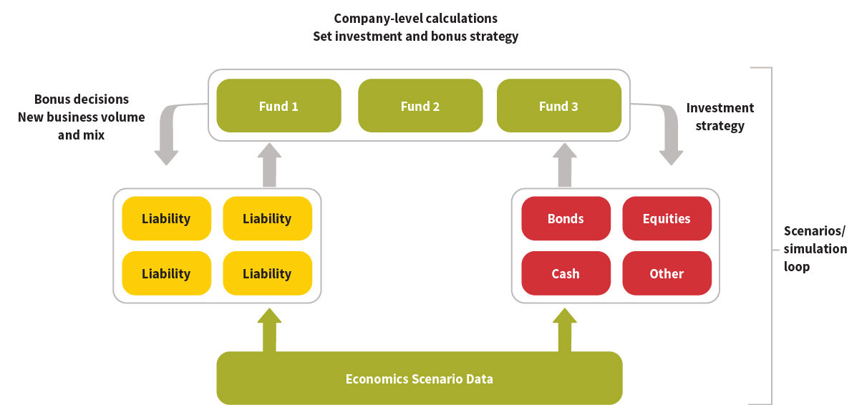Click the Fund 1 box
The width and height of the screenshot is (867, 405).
(x=278, y=106)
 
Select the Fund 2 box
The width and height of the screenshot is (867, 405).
(x=420, y=106)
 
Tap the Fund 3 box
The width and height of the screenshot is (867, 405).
(x=558, y=106)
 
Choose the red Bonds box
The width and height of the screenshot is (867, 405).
(x=566, y=218)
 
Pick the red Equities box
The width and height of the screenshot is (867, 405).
(x=667, y=218)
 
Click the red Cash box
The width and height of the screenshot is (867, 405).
(x=566, y=273)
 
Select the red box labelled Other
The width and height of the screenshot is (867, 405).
(x=667, y=273)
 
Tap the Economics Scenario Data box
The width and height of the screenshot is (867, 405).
(x=419, y=379)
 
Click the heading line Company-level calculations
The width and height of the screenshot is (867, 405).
(x=415, y=18)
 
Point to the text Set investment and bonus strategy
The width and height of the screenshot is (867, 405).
(x=415, y=36)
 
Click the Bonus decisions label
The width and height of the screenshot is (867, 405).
(x=82, y=99)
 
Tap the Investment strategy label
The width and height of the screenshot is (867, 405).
(x=720, y=117)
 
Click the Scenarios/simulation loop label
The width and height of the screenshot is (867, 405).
(x=815, y=249)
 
